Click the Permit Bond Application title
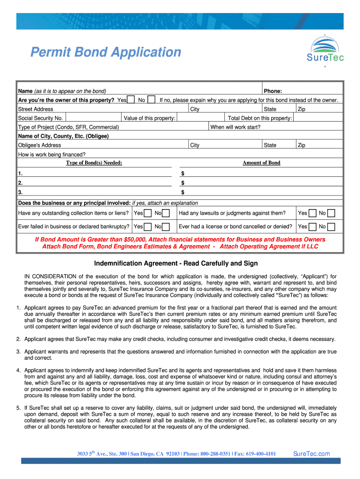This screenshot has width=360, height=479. [106, 52]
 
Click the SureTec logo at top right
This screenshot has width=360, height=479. [325, 51]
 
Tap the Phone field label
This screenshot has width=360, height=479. [273, 91]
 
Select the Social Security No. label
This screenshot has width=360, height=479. [40, 118]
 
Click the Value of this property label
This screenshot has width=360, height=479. [150, 118]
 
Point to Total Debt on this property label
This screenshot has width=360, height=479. [260, 118]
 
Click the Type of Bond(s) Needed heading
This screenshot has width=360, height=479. [94, 163]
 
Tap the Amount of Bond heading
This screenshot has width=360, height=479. [261, 163]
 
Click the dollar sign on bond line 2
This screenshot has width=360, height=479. [183, 183]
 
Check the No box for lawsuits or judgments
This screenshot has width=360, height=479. [331, 213]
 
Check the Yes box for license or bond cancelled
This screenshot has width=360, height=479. [312, 227]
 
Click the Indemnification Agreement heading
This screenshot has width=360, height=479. [176, 263]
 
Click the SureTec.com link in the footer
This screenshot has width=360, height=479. [311, 453]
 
